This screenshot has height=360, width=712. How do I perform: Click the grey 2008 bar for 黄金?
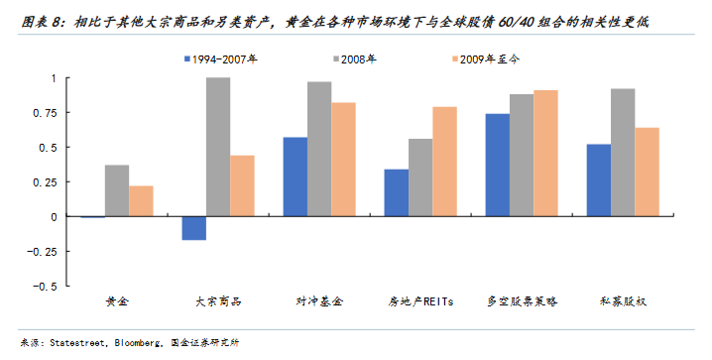(117, 190)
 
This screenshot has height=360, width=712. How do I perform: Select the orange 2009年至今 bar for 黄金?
(141, 201)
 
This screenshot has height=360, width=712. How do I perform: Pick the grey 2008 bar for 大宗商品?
(217, 147)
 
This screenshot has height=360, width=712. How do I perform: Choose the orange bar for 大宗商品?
(242, 185)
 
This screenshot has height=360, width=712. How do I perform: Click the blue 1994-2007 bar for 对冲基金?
(295, 177)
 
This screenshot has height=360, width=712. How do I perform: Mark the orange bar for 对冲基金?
(343, 160)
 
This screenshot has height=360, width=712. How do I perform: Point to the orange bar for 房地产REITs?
(444, 162)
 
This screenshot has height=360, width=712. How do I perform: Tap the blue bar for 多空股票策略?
(497, 165)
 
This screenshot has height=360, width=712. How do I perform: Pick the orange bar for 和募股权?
(647, 172)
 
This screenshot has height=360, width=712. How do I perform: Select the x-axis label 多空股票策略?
(522, 301)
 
